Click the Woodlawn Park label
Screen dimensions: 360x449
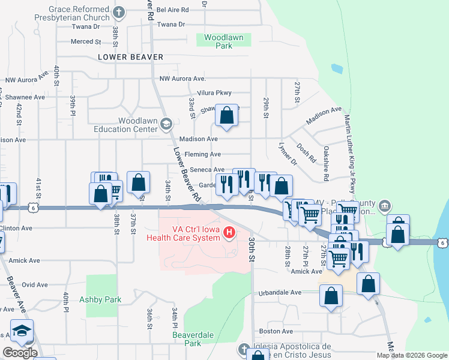[223, 41]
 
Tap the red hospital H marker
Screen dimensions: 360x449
[228, 233]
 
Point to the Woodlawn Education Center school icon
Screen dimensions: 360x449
[166, 124]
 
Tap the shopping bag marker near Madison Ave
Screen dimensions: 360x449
[226, 116]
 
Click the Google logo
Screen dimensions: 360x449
[20, 353]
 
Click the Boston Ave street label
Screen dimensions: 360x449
[276, 331]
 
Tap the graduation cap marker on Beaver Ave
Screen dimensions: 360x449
[22, 331]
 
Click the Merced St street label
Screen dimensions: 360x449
[86, 41]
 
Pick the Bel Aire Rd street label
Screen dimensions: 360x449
[172, 10]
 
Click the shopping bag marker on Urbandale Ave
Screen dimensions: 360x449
[331, 296]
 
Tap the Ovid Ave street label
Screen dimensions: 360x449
[35, 285]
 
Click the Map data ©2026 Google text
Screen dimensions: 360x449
[412, 355]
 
